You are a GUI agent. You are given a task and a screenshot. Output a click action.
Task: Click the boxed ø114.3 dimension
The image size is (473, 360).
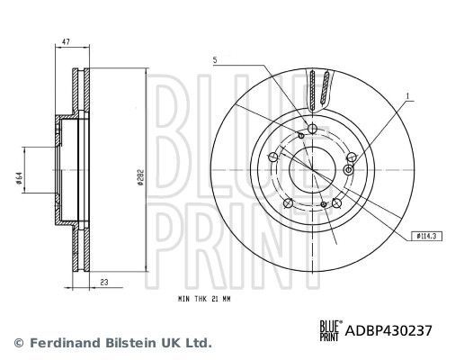pos(426,236)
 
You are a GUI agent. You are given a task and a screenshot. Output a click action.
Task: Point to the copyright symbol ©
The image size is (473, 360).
pos(17,343)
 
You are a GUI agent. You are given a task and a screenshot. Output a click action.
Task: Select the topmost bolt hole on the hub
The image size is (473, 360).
pos(311,129)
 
